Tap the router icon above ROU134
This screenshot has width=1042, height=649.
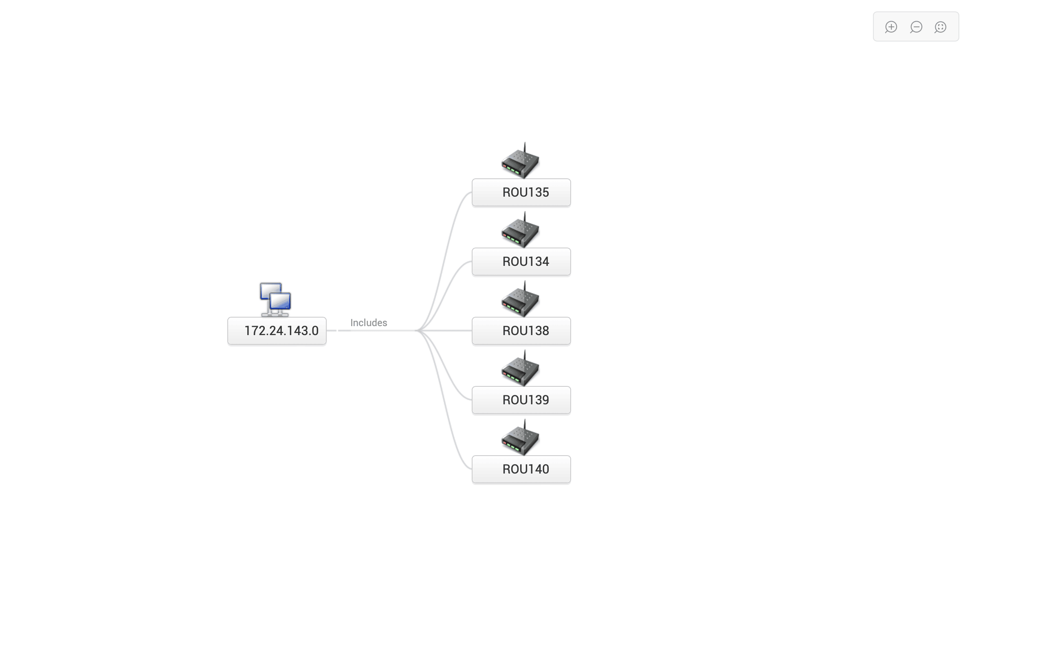520,232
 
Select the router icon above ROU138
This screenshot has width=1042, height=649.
520,301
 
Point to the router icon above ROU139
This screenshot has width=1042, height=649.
520,370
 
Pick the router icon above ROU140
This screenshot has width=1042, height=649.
520,439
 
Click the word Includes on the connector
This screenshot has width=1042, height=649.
368,323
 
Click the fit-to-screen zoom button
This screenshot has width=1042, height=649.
940,27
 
